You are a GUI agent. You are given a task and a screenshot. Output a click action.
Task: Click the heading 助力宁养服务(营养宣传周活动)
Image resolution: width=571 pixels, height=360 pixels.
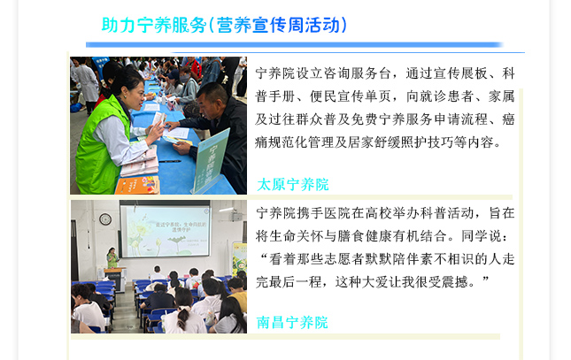point(224,26)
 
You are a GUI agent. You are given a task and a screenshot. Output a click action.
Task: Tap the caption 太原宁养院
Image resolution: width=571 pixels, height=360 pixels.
point(293,185)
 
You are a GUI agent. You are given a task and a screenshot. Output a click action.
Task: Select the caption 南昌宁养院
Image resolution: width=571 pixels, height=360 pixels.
point(292,323)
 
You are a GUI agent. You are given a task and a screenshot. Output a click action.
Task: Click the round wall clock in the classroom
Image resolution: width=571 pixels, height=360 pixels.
point(105,219)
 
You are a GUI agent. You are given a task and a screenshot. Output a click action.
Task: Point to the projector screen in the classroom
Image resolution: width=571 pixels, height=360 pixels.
point(165,231)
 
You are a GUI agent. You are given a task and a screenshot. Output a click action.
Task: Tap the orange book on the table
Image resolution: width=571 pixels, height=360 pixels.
point(137,185)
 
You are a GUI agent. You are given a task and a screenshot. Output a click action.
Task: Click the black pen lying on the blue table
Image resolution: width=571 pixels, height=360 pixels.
point(169,161)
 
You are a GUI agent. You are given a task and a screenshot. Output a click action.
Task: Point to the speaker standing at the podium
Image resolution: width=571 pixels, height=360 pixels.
point(112,257)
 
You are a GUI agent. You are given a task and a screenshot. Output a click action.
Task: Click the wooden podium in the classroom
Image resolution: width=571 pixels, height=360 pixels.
point(115,280)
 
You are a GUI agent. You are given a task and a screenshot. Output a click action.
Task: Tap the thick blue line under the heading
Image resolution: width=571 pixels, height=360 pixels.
point(294,45)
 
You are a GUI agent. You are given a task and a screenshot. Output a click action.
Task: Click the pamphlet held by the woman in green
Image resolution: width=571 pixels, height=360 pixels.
point(158,121)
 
